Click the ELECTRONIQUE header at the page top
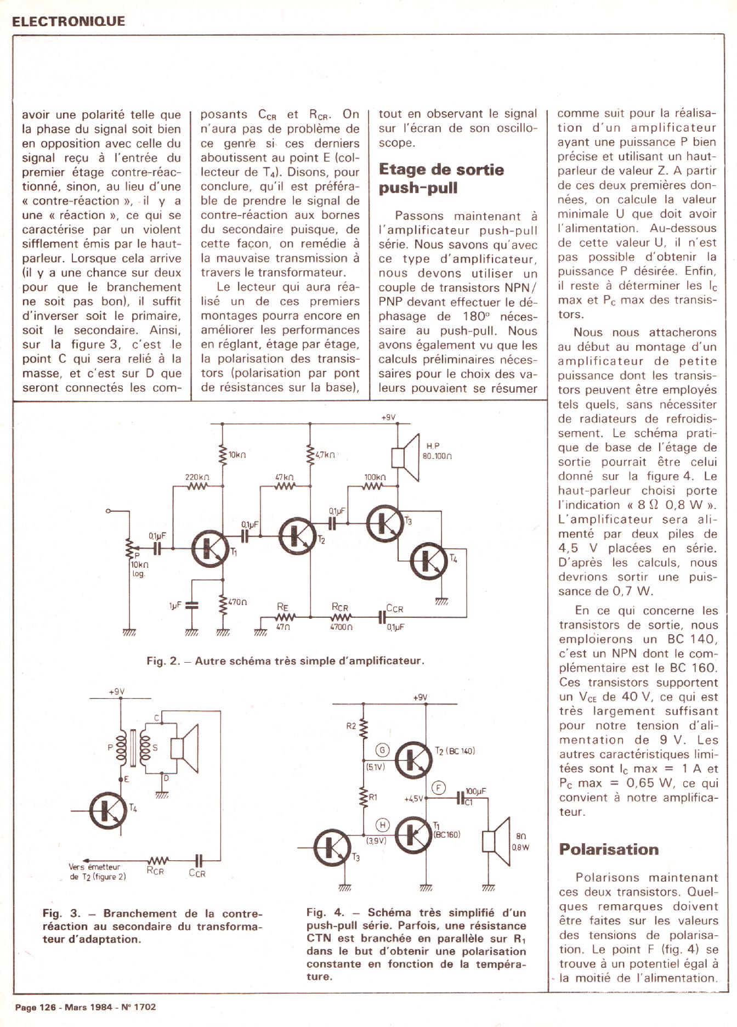(x=68, y=21)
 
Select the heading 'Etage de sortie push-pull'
(x=441, y=178)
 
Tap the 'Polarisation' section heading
(x=609, y=849)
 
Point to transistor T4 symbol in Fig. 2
(x=429, y=561)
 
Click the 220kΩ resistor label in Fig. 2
(x=197, y=477)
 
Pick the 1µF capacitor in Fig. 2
(x=191, y=605)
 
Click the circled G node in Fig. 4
(x=382, y=750)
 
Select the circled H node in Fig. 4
(x=383, y=825)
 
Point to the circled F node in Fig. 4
(x=439, y=788)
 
